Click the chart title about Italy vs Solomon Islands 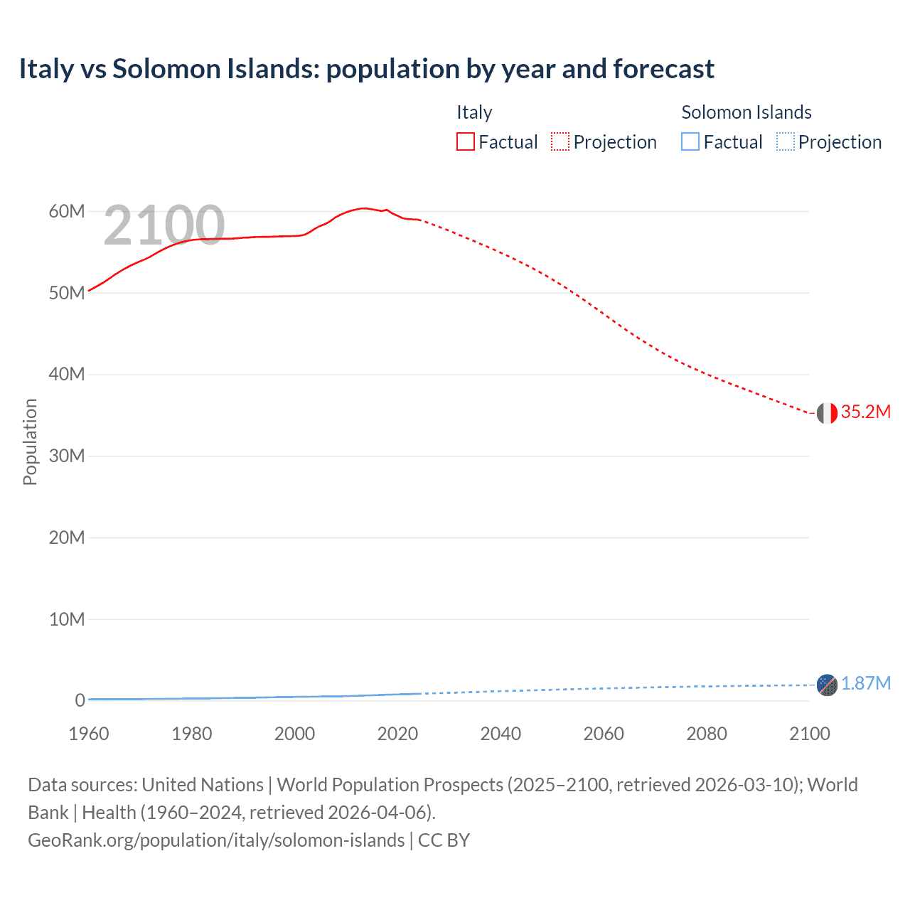pyautogui.click(x=366, y=69)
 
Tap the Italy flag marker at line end pyautogui.click(x=827, y=412)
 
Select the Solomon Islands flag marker pyautogui.click(x=827, y=685)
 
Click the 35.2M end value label pyautogui.click(x=865, y=412)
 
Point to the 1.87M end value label pyautogui.click(x=865, y=684)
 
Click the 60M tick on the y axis pyautogui.click(x=67, y=211)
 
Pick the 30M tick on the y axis pyautogui.click(x=67, y=456)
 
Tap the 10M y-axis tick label pyautogui.click(x=67, y=619)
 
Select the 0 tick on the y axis pyautogui.click(x=80, y=700)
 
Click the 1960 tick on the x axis pyautogui.click(x=89, y=734)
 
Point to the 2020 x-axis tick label pyautogui.click(x=397, y=734)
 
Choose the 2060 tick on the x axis pyautogui.click(x=604, y=734)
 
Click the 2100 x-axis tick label pyautogui.click(x=809, y=734)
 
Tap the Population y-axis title pyautogui.click(x=30, y=441)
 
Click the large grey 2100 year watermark pyautogui.click(x=164, y=225)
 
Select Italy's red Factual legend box pyautogui.click(x=466, y=141)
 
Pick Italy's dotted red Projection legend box pyautogui.click(x=560, y=141)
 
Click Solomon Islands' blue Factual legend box pyautogui.click(x=690, y=141)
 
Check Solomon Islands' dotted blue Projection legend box pyautogui.click(x=786, y=141)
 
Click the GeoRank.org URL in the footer pyautogui.click(x=216, y=840)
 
